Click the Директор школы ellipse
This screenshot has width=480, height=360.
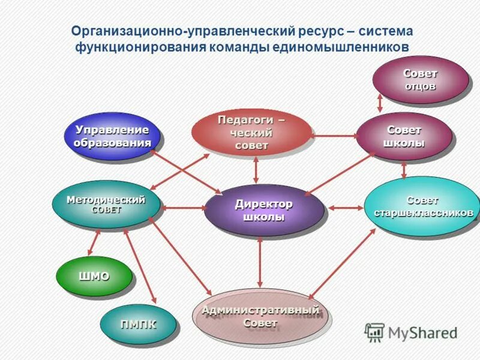(x=263, y=210)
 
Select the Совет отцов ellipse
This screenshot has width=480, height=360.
(x=420, y=79)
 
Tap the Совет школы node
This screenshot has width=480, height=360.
(x=404, y=136)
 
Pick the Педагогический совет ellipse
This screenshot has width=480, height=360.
(x=251, y=133)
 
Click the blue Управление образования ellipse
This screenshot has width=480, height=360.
(x=112, y=136)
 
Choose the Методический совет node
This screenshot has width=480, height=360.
(x=106, y=205)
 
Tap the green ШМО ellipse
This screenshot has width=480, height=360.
(x=94, y=276)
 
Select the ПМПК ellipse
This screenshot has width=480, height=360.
(x=138, y=325)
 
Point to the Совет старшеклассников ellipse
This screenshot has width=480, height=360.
(x=424, y=206)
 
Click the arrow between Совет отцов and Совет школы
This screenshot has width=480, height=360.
(x=380, y=102)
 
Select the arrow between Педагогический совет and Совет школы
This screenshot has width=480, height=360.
(x=335, y=136)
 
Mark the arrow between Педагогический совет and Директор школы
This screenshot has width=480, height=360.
(x=256, y=170)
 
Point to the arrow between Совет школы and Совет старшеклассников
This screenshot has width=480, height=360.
(x=404, y=169)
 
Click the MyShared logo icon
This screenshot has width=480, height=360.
(x=374, y=332)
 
